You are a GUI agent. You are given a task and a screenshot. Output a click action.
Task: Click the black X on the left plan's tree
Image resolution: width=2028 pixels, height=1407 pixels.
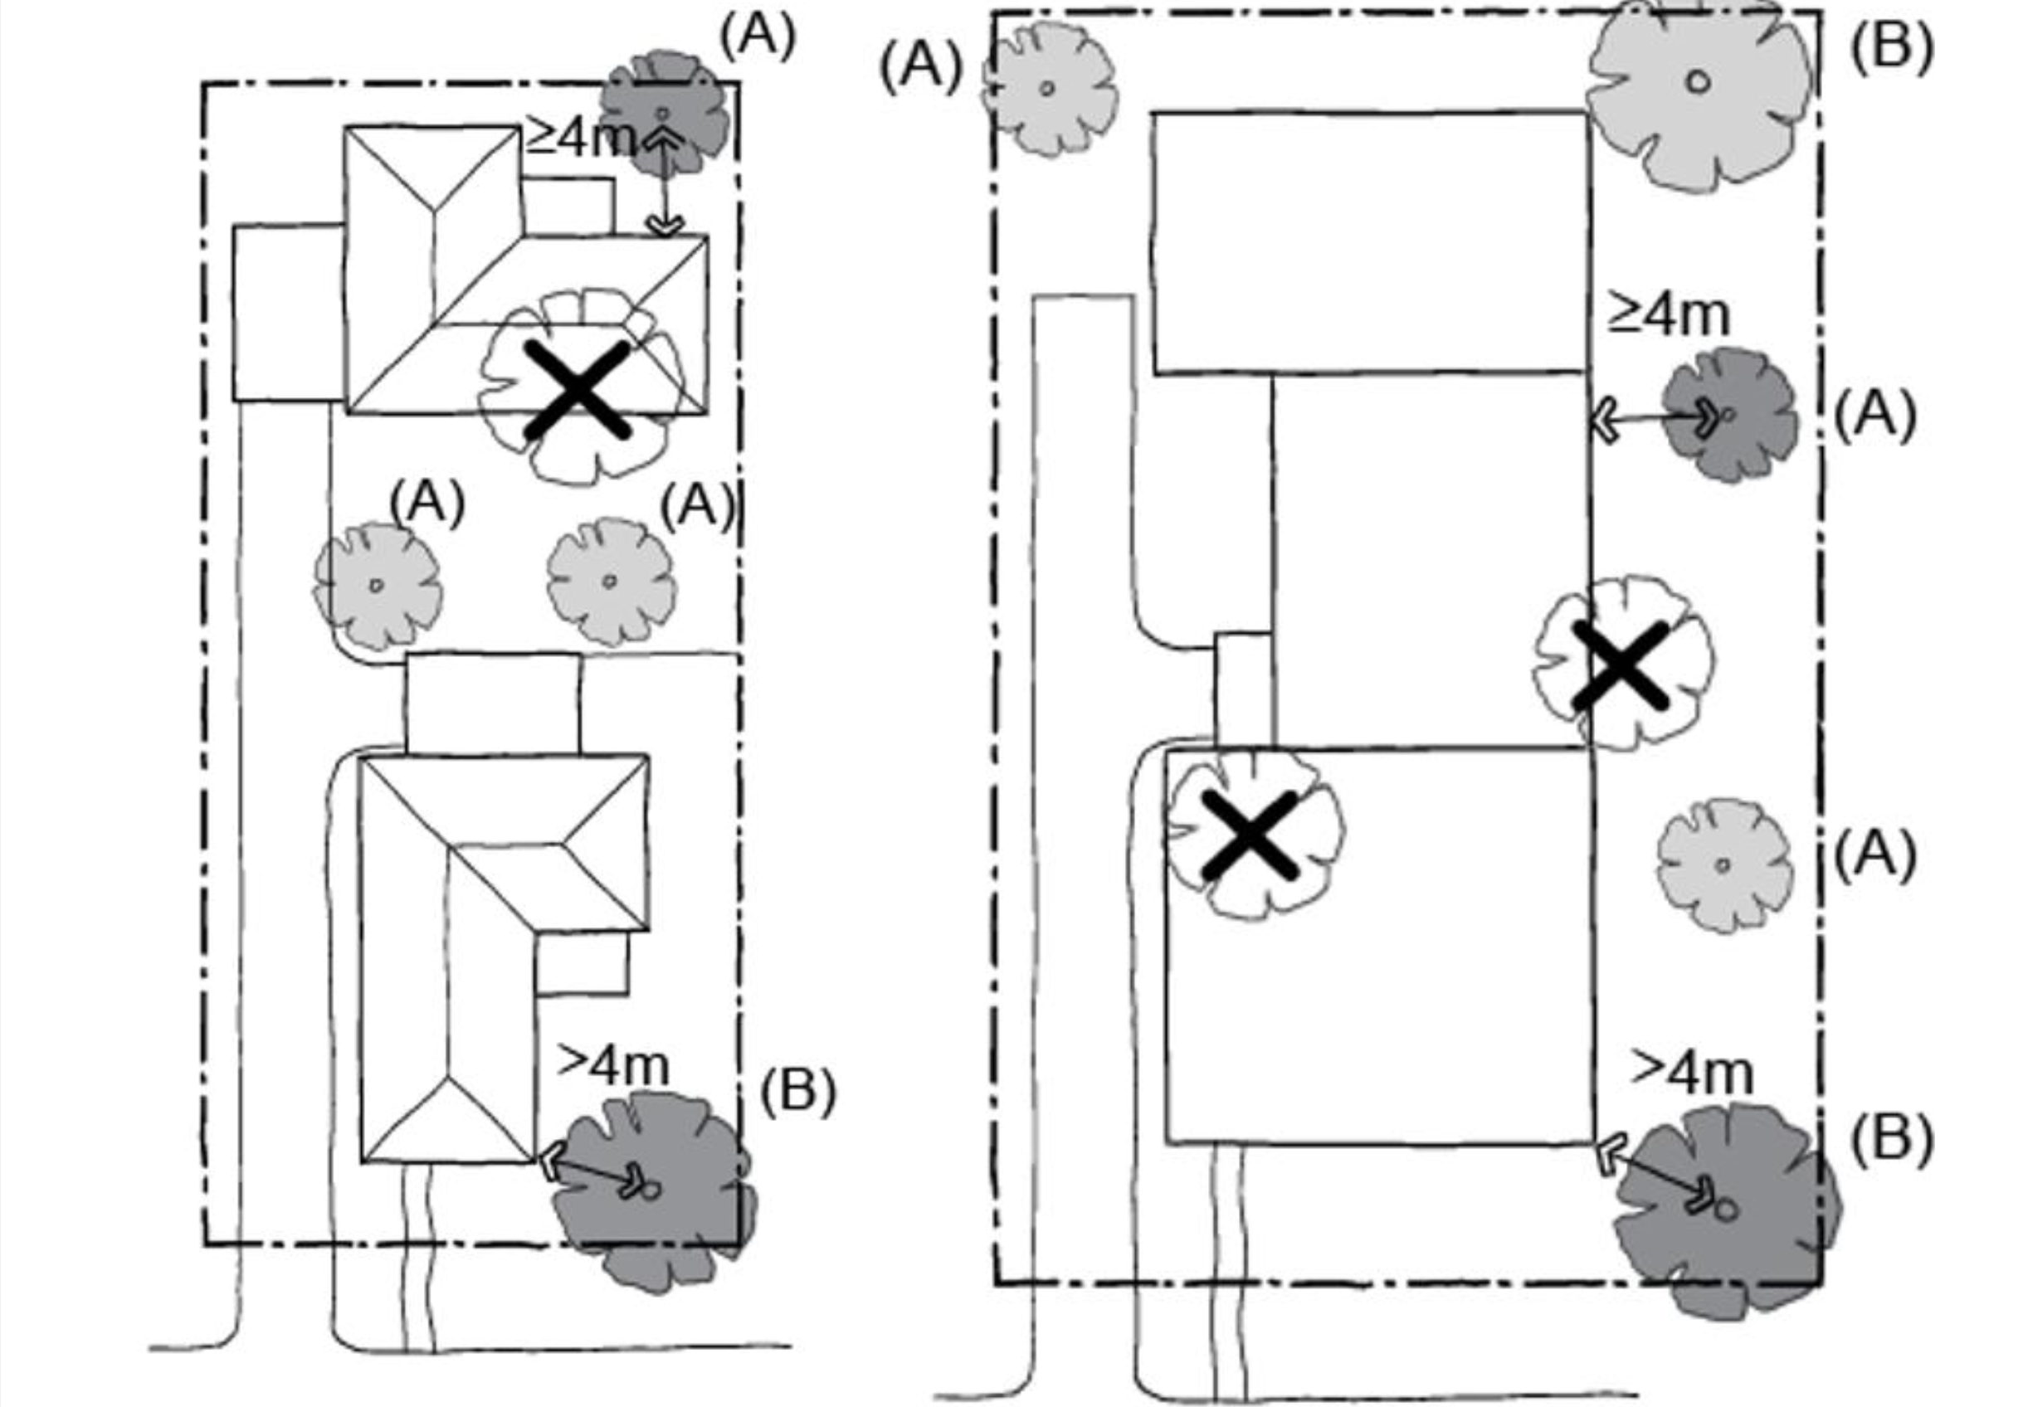578,390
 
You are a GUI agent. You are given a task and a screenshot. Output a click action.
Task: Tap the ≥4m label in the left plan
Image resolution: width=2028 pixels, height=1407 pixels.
579,138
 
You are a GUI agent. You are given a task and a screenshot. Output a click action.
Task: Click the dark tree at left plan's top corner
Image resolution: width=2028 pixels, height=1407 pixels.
665,111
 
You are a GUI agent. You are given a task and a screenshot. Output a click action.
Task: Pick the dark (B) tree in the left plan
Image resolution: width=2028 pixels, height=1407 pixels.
653,1190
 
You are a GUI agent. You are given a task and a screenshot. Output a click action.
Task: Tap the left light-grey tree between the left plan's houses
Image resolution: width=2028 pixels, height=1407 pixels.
378,586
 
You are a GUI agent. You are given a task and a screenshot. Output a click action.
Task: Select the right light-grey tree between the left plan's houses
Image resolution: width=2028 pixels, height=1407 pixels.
611,582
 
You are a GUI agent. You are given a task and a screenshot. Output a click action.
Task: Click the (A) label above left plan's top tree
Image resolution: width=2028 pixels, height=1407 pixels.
758,37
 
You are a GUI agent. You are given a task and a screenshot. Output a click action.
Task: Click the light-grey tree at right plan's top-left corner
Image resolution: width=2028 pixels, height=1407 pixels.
1050,89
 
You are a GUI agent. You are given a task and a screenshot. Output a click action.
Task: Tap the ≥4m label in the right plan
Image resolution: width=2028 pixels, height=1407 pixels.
1668,314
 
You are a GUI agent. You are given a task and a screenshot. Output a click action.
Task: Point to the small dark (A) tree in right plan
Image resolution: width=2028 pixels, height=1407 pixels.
1729,414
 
